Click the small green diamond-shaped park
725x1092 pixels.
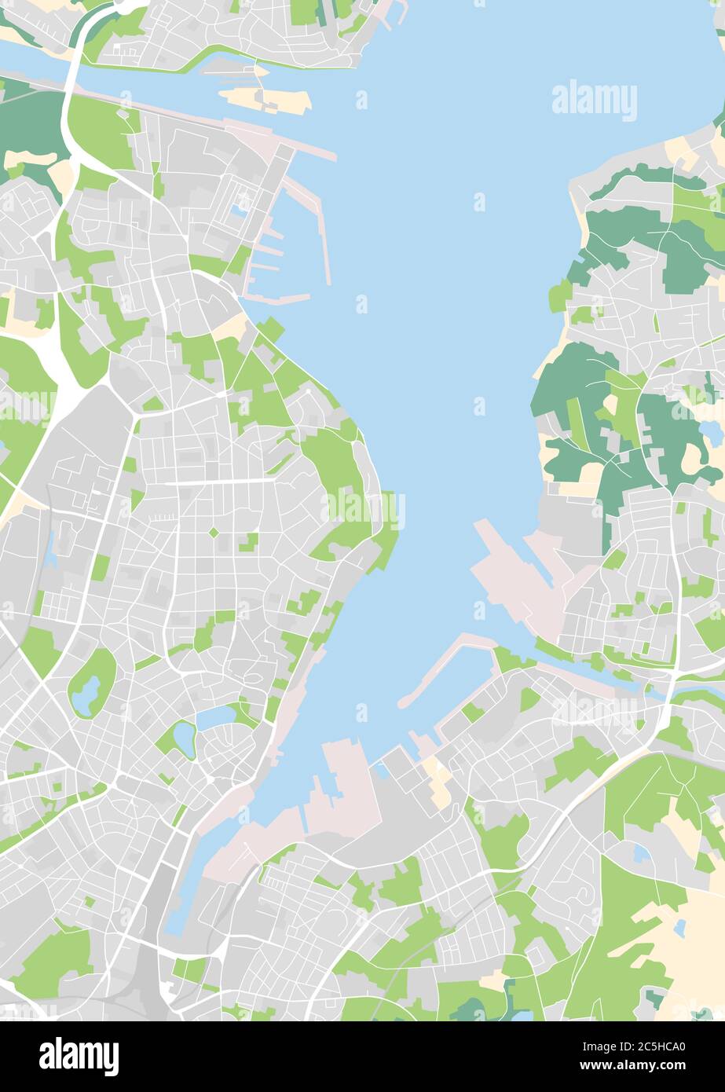pos(214,533)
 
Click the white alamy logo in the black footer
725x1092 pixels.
pos(79,1056)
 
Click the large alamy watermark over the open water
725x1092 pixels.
pos(594,101)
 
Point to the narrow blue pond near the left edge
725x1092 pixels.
pos(50,551)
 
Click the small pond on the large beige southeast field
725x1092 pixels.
pos(679,928)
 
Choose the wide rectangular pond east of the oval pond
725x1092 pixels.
pos(215,717)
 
